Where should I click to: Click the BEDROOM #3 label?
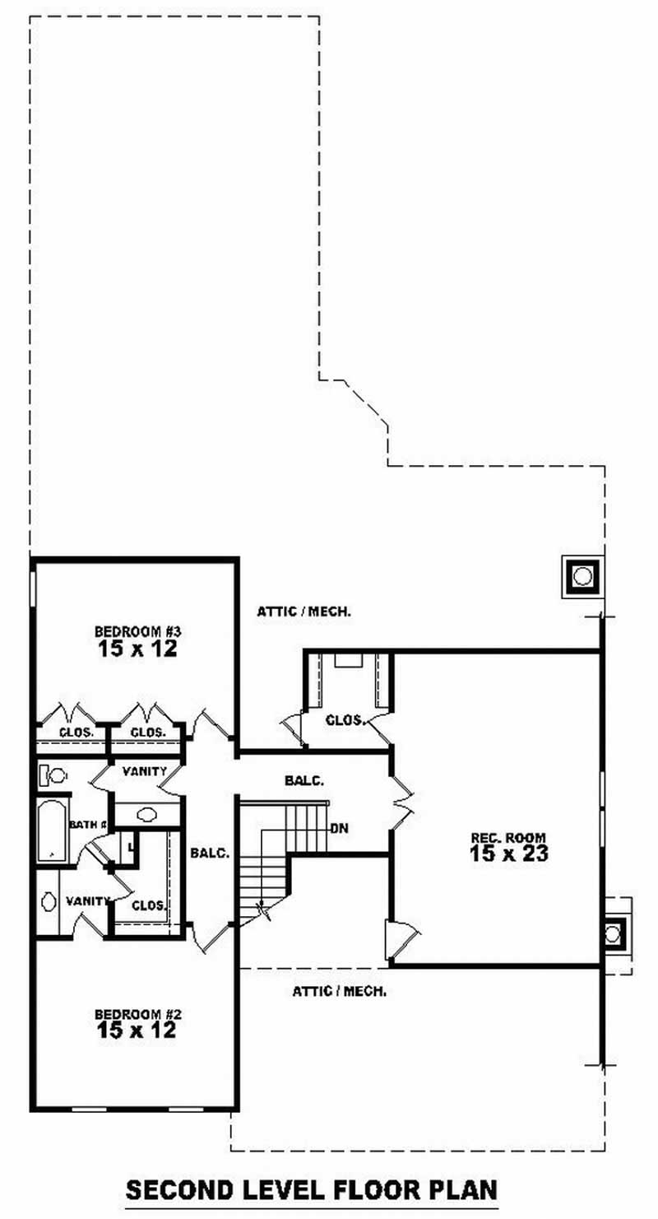[137, 631]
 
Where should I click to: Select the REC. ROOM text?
[508, 839]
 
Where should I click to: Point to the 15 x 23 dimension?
[508, 854]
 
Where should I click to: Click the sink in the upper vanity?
[147, 814]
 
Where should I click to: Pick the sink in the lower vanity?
[48, 902]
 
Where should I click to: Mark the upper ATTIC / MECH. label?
[304, 612]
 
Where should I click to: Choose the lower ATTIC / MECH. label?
[340, 992]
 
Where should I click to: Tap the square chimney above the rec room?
[582, 575]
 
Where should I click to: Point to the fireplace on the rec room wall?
[613, 933]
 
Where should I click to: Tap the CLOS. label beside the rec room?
[345, 719]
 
